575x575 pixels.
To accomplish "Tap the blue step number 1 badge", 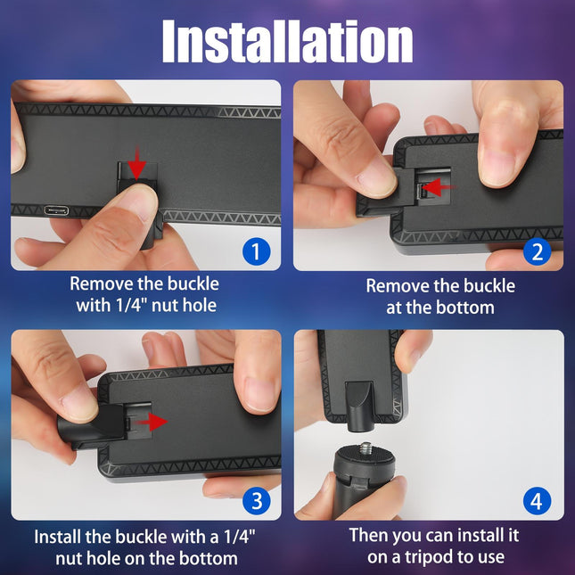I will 256,251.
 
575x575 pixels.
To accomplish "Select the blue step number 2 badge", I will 536,251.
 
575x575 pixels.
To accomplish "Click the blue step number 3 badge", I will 256,500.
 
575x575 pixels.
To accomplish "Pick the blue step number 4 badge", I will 536,500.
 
